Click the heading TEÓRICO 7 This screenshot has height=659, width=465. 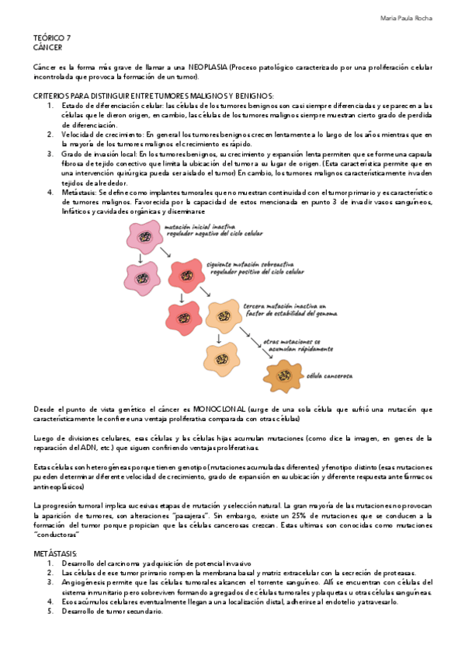(51, 38)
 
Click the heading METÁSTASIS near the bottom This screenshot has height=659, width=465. (55, 551)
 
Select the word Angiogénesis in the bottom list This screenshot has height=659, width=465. (87, 582)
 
